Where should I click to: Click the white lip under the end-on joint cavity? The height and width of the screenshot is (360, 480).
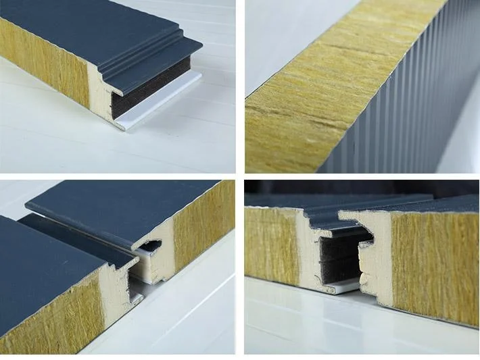tap(341, 287)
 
